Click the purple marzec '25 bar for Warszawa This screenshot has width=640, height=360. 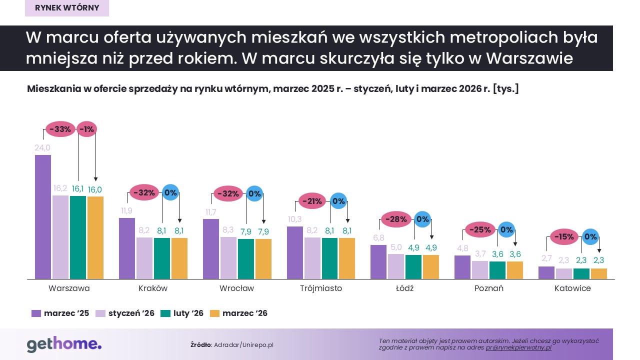[42, 216]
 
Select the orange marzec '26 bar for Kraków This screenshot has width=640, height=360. [179, 258]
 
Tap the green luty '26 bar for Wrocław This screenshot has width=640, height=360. [245, 258]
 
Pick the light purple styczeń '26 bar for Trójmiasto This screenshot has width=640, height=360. [312, 258]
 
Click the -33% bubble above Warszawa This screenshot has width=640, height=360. [61, 129]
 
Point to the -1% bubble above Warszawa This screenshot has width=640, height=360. [86, 129]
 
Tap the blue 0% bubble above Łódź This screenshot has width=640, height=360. [422, 219]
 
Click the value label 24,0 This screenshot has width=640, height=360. [42, 148]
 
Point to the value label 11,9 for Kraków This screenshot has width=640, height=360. [126, 211]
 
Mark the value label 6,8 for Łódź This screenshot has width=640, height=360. [378, 238]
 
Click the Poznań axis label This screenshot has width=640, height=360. [488, 288]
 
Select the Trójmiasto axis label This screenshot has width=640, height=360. [321, 288]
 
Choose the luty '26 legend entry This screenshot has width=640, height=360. [182, 313]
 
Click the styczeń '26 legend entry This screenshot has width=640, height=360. [125, 313]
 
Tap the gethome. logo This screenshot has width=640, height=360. [64, 344]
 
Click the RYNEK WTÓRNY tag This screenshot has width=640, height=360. [67, 7]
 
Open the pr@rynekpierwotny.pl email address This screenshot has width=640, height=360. [518, 347]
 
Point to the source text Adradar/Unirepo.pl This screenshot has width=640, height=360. [243, 345]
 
